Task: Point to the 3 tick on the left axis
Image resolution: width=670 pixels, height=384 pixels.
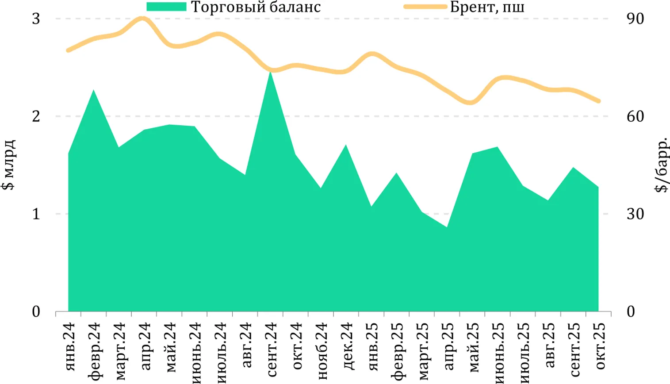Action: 36,19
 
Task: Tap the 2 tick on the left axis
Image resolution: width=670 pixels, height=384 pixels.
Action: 36,116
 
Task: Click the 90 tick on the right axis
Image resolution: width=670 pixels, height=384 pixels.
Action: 635,19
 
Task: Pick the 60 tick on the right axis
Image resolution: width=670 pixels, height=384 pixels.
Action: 635,116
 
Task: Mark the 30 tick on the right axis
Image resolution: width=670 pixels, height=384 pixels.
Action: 635,214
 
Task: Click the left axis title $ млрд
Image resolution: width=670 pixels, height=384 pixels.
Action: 9,165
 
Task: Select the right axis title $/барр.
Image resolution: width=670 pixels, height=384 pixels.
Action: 661,165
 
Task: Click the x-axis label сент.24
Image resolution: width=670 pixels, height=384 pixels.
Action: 271,349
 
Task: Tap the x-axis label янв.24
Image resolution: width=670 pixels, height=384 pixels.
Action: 69,347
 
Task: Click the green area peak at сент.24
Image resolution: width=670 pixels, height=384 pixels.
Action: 270,72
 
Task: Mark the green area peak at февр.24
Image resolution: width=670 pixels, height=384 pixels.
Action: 93,90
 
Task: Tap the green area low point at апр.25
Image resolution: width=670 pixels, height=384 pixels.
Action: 447,227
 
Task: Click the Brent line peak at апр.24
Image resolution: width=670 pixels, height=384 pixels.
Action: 142,19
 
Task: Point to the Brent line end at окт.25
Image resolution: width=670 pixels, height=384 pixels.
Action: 598,101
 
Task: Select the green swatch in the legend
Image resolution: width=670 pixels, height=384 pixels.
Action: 166,7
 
